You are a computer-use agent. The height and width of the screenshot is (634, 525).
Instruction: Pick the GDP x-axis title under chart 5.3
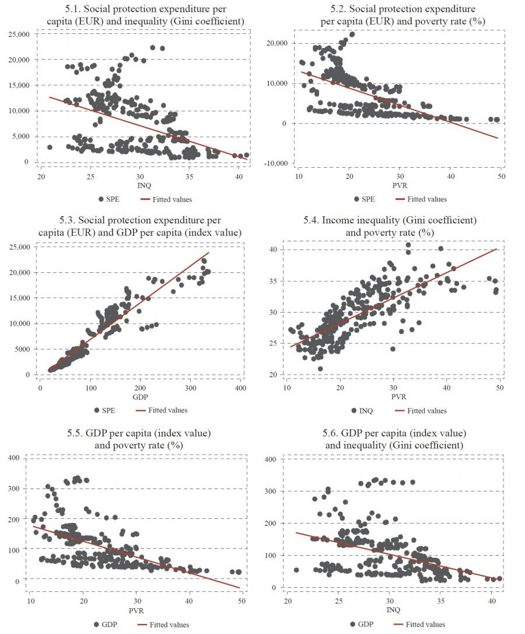point(140,397)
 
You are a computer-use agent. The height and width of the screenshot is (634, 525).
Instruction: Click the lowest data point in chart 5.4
point(320,369)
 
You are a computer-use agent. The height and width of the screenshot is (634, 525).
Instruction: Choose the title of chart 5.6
point(397,439)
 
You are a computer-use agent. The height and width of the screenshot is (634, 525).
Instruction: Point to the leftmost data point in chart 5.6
point(296,570)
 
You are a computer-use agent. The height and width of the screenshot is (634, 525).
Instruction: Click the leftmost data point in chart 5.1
point(50,147)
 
